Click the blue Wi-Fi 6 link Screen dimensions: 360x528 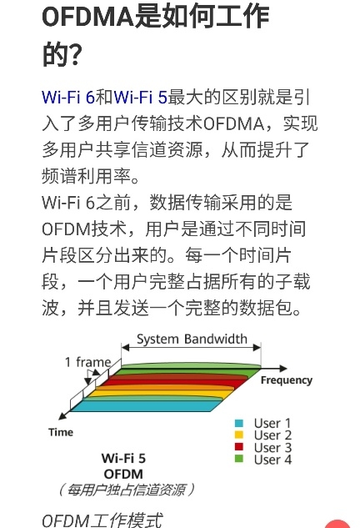point(68,98)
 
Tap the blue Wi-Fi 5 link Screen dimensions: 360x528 point(141,98)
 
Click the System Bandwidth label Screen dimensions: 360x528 point(192,339)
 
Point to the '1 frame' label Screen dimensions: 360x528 point(87,362)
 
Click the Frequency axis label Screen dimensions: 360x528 point(287,380)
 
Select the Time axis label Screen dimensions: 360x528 point(61,432)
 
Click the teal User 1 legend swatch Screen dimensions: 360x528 point(239,423)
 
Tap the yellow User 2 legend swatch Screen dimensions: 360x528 point(239,435)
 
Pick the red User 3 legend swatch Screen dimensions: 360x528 point(239,447)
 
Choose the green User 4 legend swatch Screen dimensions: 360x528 point(239,459)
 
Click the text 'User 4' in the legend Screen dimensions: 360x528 point(272,460)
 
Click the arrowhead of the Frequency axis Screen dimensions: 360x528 point(283,369)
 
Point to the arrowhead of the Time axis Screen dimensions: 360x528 point(62,416)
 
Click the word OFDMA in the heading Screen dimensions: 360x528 point(87,17)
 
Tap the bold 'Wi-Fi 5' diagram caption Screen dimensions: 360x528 point(123,458)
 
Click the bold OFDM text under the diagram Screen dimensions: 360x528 point(123,474)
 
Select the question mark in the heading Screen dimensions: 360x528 point(74,54)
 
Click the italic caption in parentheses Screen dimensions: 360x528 point(127,490)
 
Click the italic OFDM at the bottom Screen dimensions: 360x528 point(66,520)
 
